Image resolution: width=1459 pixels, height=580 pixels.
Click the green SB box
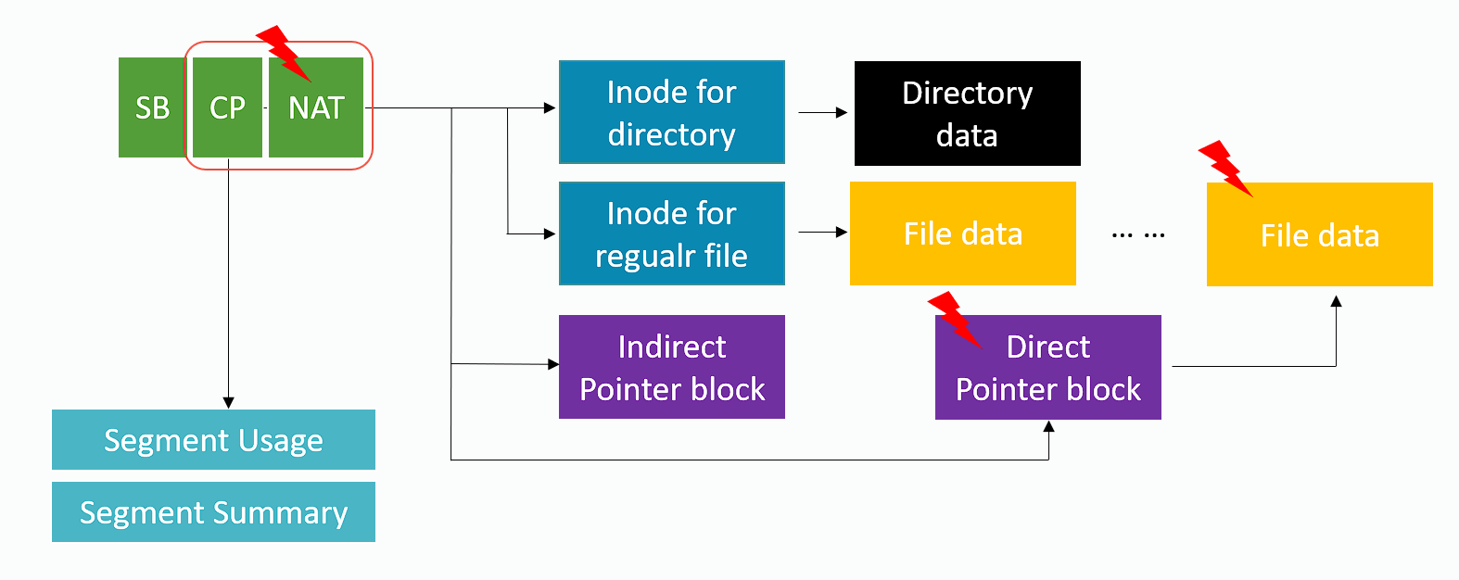[x=152, y=107]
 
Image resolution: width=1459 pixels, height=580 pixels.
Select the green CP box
[x=227, y=107]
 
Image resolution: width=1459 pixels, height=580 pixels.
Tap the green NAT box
[x=316, y=107]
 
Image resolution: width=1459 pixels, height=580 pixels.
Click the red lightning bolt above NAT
[x=282, y=52]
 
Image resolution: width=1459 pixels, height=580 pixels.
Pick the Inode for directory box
[x=671, y=112]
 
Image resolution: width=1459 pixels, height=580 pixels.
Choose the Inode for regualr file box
[x=671, y=233]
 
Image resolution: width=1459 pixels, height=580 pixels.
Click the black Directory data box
[x=967, y=113]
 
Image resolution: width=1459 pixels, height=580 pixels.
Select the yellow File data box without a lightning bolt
[x=962, y=233]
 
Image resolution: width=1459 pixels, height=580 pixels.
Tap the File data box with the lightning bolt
[x=1319, y=235]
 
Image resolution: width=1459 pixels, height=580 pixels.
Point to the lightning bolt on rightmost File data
[x=1224, y=168]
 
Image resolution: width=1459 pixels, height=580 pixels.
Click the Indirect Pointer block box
[x=671, y=367]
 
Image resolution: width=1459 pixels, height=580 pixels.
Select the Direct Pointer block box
[x=1047, y=368]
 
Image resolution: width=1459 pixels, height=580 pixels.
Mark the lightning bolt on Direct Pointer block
[x=954, y=319]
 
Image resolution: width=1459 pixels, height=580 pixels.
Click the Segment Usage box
[x=213, y=439]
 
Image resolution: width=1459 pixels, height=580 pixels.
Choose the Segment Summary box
[x=213, y=511]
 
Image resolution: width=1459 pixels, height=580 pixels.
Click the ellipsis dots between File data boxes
[x=1137, y=235]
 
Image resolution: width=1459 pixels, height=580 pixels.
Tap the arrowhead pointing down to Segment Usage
[x=228, y=402]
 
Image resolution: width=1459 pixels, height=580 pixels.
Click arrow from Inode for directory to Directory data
[x=822, y=112]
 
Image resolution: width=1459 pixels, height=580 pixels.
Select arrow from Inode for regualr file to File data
[x=822, y=232]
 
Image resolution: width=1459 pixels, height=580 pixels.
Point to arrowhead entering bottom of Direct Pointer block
[x=1048, y=427]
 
